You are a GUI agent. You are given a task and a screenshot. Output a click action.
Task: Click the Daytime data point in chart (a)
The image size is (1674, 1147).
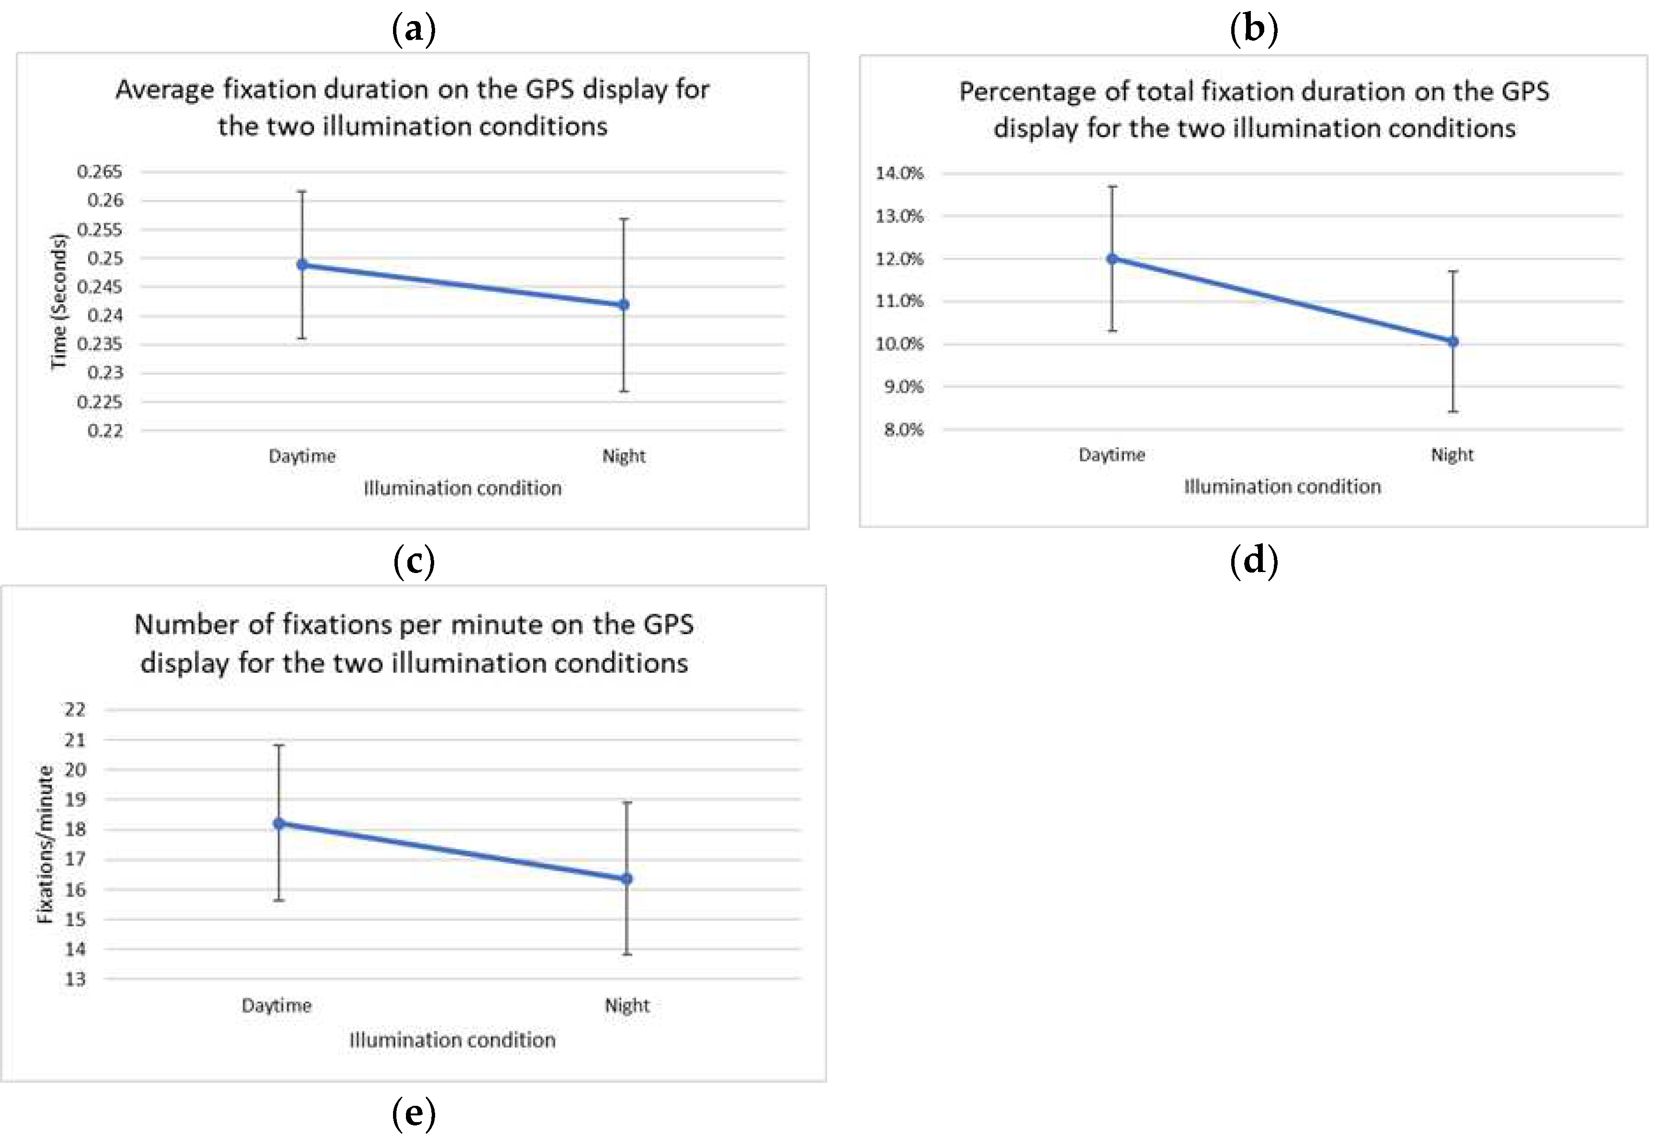(303, 264)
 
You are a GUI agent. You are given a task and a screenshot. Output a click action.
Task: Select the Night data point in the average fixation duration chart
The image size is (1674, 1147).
(624, 305)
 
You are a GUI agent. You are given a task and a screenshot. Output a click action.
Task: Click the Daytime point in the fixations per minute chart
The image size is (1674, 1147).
(280, 823)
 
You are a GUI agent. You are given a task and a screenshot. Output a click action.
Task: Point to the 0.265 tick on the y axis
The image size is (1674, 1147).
(100, 171)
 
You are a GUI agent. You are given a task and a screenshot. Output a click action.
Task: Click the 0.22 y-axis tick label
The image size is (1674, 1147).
(105, 431)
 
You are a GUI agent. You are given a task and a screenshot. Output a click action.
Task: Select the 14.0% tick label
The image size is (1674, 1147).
(899, 173)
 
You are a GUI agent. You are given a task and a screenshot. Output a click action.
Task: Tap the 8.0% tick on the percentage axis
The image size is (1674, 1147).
(903, 429)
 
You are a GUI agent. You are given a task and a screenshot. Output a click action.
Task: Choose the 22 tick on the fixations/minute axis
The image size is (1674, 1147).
(75, 709)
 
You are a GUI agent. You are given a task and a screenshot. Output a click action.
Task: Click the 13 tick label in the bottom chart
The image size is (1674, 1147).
(75, 979)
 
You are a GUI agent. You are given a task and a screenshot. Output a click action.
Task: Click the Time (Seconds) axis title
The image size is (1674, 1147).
(58, 301)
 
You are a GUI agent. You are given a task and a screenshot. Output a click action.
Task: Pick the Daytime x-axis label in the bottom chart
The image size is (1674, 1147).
(277, 1005)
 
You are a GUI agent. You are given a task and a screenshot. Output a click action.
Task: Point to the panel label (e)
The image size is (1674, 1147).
(414, 1113)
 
